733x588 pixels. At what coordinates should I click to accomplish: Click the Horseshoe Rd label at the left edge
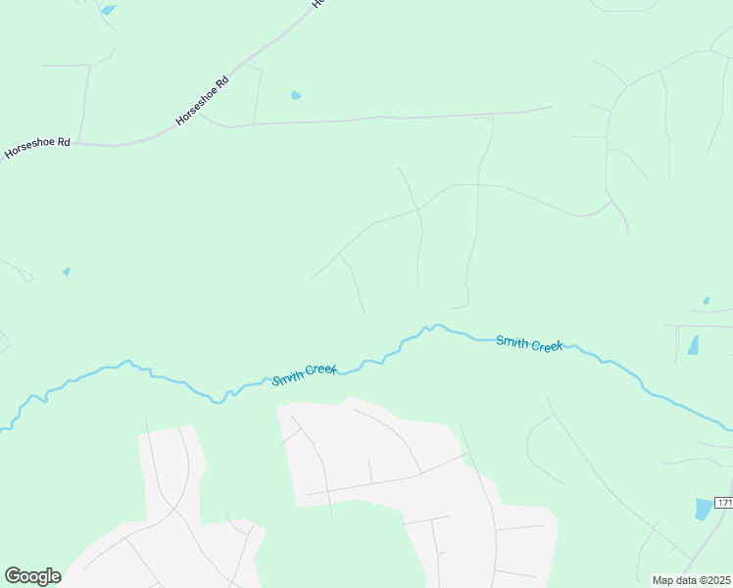tap(37, 148)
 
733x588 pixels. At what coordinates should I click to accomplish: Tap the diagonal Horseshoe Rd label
tap(202, 102)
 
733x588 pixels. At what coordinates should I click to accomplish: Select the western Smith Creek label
tap(304, 373)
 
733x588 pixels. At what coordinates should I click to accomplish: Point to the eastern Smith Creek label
tap(529, 343)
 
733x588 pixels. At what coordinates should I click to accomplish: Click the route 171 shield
tap(723, 503)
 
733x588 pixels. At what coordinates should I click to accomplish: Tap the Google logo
tap(32, 576)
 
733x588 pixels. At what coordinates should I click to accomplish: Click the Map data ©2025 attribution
tap(692, 580)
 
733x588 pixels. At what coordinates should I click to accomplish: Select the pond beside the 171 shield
tap(704, 509)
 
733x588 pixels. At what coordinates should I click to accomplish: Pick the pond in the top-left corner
tap(108, 10)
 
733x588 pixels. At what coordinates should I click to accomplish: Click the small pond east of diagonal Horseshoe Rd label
tap(296, 95)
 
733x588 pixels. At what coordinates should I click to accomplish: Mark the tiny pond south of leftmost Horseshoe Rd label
tap(67, 271)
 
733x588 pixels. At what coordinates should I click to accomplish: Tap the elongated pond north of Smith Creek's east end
tap(694, 345)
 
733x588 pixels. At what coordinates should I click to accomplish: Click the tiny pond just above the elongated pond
tap(706, 301)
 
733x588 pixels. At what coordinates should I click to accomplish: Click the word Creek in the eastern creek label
tap(546, 345)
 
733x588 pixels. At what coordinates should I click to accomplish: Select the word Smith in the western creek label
tap(288, 377)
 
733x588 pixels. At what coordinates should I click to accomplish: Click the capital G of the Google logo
tap(13, 576)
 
